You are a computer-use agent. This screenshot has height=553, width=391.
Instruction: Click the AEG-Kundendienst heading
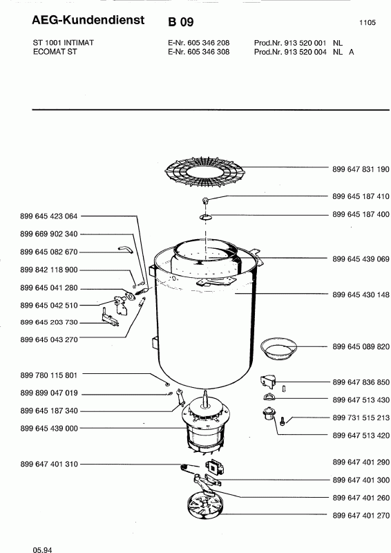[88, 20]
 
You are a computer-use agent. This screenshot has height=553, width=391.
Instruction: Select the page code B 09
[181, 22]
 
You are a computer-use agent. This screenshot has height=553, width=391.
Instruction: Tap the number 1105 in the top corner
[368, 23]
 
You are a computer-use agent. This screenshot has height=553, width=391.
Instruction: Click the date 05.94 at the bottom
[42, 550]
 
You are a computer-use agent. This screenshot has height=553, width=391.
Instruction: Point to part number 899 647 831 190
[361, 169]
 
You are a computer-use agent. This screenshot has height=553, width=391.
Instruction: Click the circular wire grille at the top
[205, 171]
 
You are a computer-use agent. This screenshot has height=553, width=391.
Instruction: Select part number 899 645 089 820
[361, 347]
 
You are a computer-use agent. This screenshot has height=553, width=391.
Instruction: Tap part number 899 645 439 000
[49, 428]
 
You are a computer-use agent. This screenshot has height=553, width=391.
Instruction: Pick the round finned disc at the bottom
[206, 505]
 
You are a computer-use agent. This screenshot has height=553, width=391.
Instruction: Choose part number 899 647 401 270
[361, 516]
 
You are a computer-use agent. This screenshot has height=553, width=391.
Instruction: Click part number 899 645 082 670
[49, 252]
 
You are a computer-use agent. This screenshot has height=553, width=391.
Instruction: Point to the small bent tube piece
[125, 250]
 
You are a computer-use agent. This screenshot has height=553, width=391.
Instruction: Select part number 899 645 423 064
[49, 216]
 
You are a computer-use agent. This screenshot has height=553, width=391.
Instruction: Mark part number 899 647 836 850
[361, 382]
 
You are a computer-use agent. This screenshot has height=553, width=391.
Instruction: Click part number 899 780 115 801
[49, 375]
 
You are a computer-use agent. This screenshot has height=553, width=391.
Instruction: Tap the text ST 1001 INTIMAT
[64, 43]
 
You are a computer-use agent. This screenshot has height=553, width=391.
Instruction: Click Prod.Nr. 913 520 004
[290, 52]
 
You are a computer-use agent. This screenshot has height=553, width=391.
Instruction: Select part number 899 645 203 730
[49, 322]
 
